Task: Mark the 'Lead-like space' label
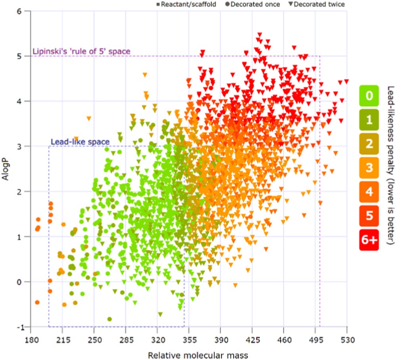[x=80, y=142]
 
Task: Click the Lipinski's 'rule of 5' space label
[x=81, y=52]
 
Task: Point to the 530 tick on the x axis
[x=347, y=340]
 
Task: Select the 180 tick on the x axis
[x=31, y=340]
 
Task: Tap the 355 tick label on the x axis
[x=189, y=340]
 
